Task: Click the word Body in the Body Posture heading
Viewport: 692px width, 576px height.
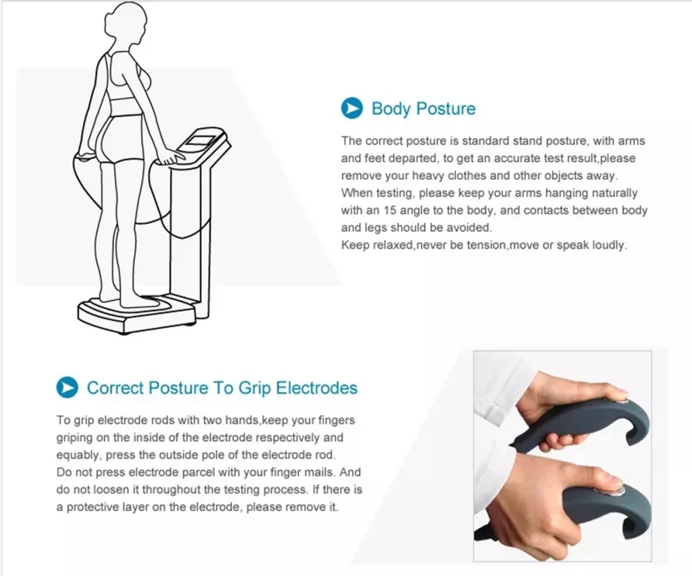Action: [x=389, y=109]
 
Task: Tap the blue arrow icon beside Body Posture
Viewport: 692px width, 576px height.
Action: [x=353, y=109]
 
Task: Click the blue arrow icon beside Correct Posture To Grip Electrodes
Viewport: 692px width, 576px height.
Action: [x=66, y=387]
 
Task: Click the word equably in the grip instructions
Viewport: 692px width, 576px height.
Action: [x=78, y=455]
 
